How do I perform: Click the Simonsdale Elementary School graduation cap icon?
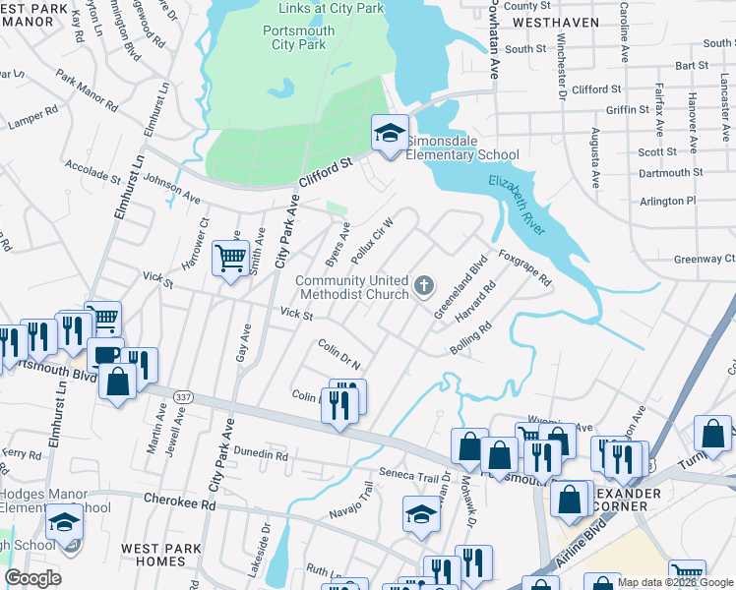click(x=390, y=133)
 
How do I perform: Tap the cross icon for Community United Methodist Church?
click(x=424, y=286)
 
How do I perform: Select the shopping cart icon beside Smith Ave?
click(x=230, y=259)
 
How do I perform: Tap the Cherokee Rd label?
click(x=179, y=502)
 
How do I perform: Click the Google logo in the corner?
click(x=32, y=578)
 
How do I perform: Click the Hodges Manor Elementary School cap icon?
click(x=64, y=521)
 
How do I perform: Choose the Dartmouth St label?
click(x=670, y=172)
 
